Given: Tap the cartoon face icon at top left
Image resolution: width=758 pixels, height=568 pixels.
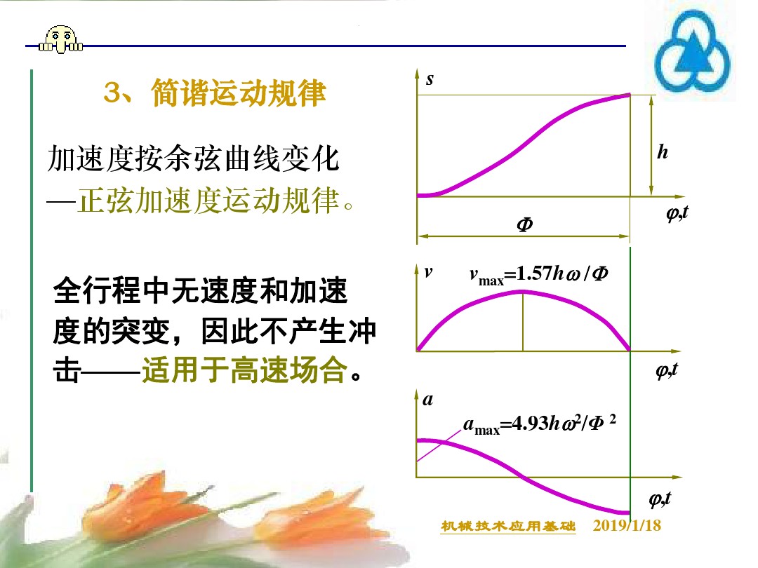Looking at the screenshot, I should [60, 39].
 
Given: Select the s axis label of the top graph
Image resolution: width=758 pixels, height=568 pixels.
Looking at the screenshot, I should [430, 79].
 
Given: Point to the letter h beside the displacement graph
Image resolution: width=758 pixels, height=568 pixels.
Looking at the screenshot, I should [663, 151].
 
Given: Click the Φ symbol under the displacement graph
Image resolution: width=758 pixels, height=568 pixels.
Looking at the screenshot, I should [524, 225].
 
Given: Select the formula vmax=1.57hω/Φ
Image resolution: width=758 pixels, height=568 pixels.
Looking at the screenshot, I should [538, 274].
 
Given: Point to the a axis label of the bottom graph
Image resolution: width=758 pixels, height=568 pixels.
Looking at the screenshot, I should [427, 401].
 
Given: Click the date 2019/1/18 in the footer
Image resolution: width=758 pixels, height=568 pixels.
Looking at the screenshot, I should [627, 526].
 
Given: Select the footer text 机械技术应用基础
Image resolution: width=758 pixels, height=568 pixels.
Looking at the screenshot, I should [508, 527].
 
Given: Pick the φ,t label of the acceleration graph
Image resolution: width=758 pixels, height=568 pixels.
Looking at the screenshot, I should [660, 499].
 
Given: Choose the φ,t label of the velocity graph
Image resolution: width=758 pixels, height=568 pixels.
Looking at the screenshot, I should [667, 370].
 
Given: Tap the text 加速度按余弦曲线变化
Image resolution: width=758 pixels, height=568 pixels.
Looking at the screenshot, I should [193, 161].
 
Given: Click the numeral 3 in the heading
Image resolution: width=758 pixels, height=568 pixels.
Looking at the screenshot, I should [112, 94].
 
